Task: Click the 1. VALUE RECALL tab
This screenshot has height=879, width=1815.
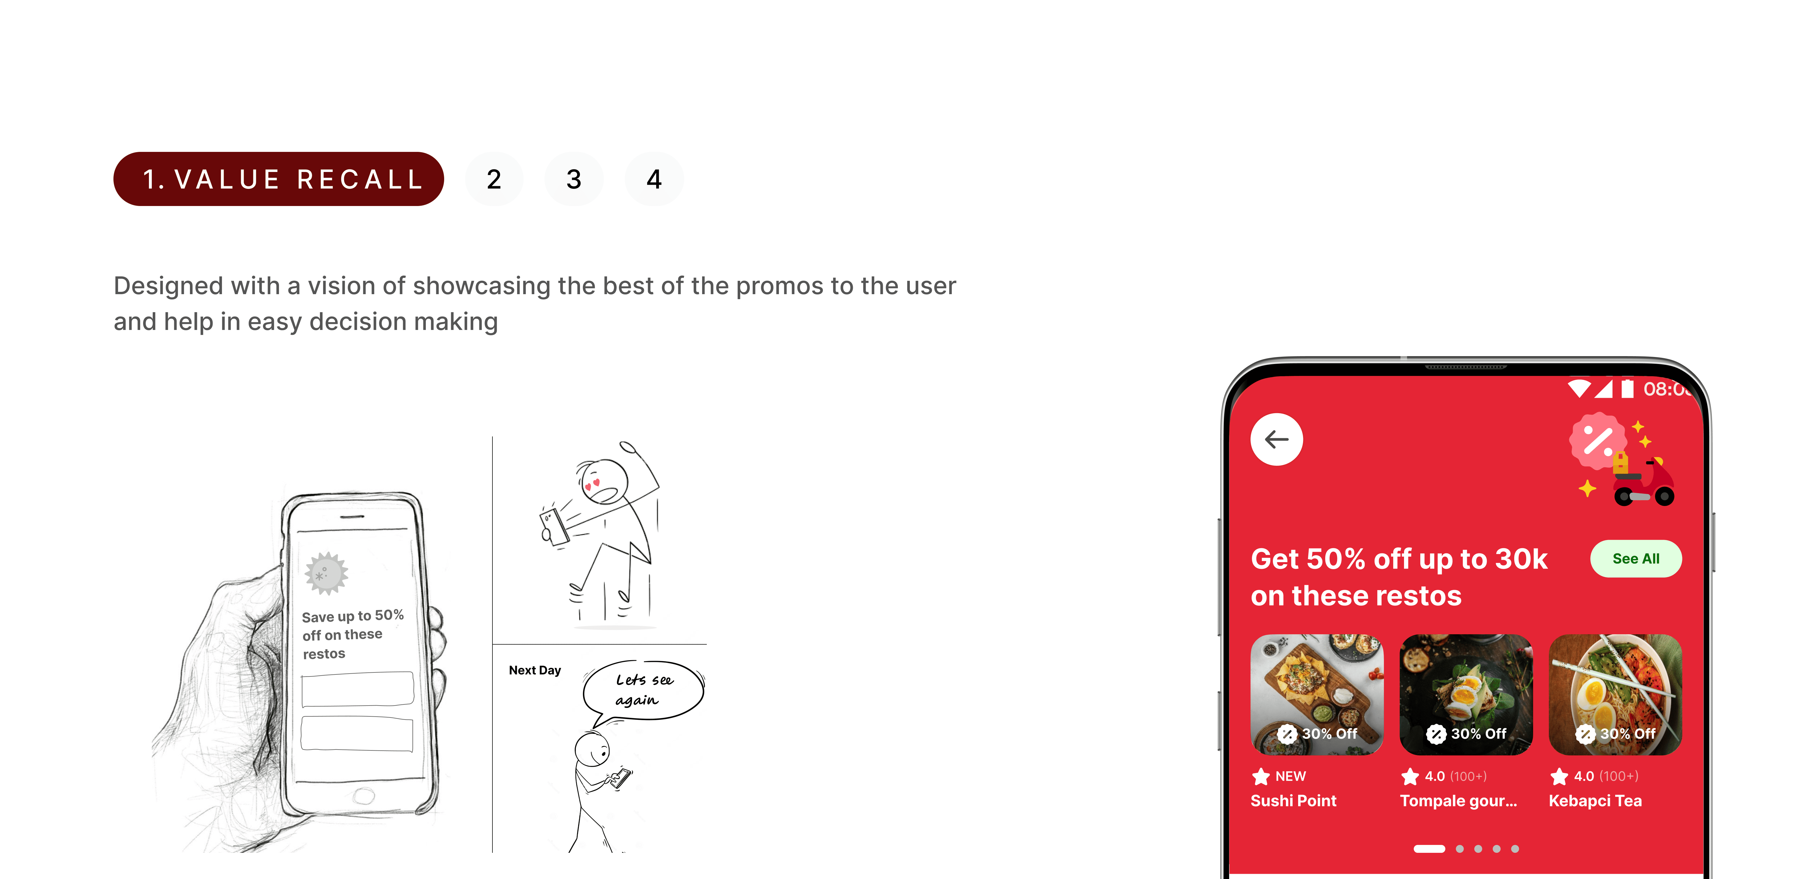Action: [x=278, y=179]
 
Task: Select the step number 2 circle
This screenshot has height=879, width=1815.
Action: [x=494, y=179]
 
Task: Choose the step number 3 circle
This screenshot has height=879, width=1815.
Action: [x=574, y=179]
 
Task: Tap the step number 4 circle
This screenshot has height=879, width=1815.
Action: [x=654, y=179]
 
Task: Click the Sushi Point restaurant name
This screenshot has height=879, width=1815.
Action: [x=1293, y=801]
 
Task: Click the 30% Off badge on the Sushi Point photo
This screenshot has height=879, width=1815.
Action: [x=1317, y=734]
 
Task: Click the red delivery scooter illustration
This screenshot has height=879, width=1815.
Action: [x=1644, y=484]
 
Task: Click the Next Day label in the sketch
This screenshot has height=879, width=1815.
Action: [x=535, y=670]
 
